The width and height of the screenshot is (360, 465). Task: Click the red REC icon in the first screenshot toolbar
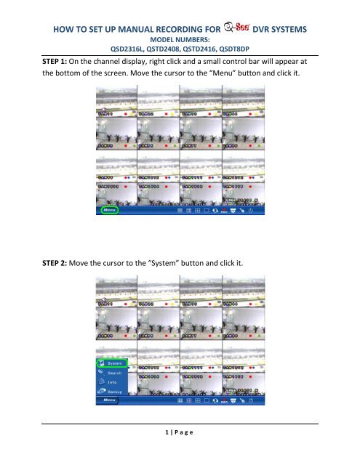225,211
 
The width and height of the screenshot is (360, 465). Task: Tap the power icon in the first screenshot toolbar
250,211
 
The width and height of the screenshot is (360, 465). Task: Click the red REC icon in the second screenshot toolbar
225,400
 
